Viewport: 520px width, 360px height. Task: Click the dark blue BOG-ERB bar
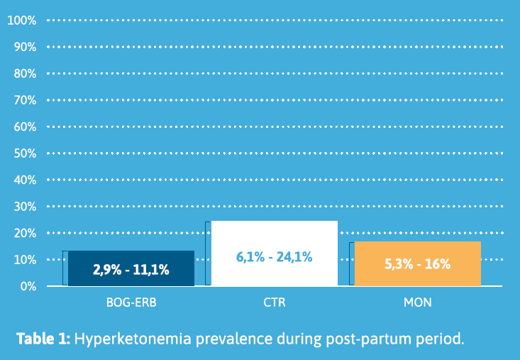pyautogui.click(x=131, y=268)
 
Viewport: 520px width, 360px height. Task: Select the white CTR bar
pyautogui.click(x=275, y=253)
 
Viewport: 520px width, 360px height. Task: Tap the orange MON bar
pyautogui.click(x=418, y=263)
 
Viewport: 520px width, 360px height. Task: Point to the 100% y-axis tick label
pyautogui.click(x=22, y=21)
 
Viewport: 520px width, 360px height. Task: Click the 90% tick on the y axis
pyautogui.click(x=25, y=47)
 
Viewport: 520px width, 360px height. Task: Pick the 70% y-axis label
pyautogui.click(x=25, y=100)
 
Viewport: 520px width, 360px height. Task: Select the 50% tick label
pyautogui.click(x=25, y=153)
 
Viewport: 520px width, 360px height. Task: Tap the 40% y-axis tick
pyautogui.click(x=25, y=180)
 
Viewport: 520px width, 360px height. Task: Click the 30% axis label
pyautogui.click(x=25, y=207)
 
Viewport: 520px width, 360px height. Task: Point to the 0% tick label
pyautogui.click(x=28, y=286)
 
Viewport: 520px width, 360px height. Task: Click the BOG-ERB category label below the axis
pyautogui.click(x=131, y=302)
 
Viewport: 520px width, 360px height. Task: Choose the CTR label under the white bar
pyautogui.click(x=275, y=302)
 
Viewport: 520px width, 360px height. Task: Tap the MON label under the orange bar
pyautogui.click(x=418, y=302)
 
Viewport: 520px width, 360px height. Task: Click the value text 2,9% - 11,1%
pyautogui.click(x=131, y=270)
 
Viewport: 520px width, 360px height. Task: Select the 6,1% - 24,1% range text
pyautogui.click(x=275, y=257)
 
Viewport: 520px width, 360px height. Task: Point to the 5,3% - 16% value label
pyautogui.click(x=418, y=264)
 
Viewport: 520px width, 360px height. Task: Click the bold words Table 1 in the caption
pyautogui.click(x=43, y=339)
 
